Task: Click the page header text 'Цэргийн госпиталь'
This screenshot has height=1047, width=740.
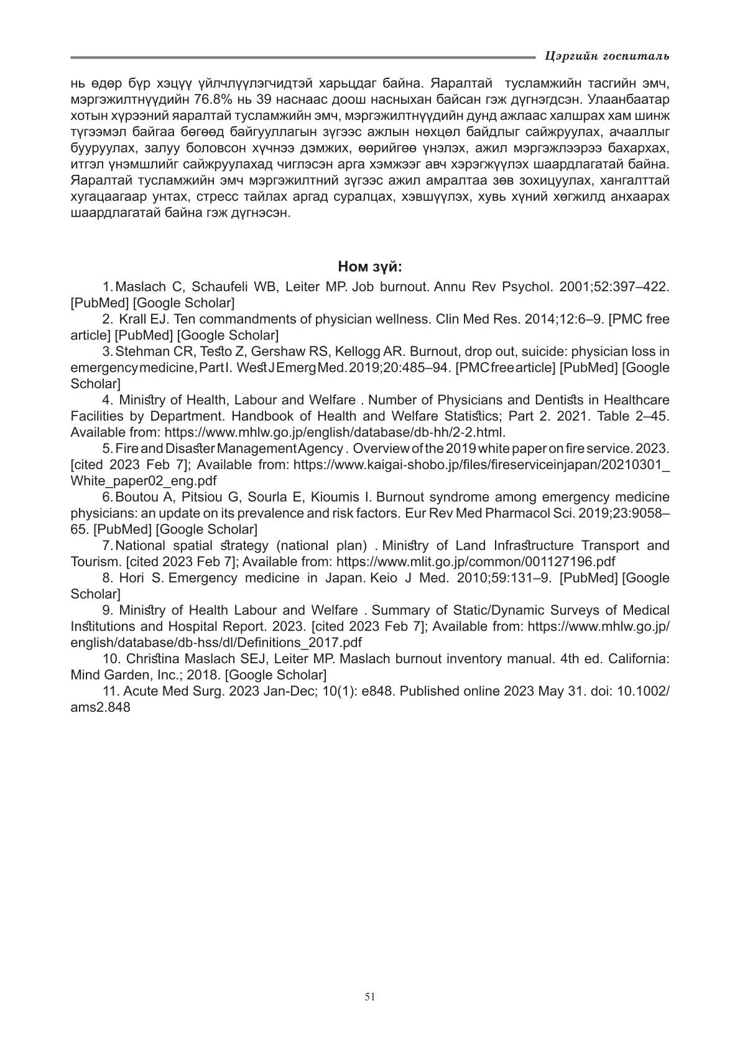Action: [x=606, y=57]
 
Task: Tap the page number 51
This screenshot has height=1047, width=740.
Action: [x=370, y=997]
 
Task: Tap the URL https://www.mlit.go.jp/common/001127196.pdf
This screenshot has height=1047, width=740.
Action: [x=476, y=562]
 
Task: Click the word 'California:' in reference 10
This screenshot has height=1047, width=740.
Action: [x=636, y=659]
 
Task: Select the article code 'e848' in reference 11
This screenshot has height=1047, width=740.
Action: [x=378, y=691]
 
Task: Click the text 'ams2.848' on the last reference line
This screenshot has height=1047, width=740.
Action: [x=101, y=707]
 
